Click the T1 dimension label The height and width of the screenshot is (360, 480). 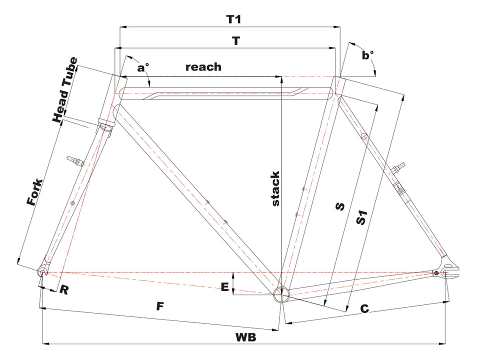(x=233, y=19)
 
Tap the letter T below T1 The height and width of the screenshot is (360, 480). (x=236, y=40)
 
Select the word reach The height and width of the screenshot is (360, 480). (x=203, y=66)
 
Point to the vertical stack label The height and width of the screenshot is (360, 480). (x=275, y=188)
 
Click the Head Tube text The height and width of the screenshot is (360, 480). (x=65, y=90)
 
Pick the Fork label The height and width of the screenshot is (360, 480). (x=34, y=192)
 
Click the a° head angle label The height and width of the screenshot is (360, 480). (x=142, y=67)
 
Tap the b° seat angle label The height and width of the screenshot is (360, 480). (x=367, y=55)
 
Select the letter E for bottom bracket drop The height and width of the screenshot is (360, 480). (x=225, y=287)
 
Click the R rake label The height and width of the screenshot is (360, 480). (x=63, y=289)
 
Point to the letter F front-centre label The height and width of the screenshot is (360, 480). (x=160, y=306)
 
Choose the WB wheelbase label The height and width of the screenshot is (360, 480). (x=245, y=337)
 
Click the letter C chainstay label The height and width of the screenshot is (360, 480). (x=364, y=309)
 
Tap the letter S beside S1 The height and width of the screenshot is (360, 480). (x=340, y=206)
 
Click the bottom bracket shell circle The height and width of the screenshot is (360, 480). (x=281, y=294)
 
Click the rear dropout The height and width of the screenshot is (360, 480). (x=449, y=269)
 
